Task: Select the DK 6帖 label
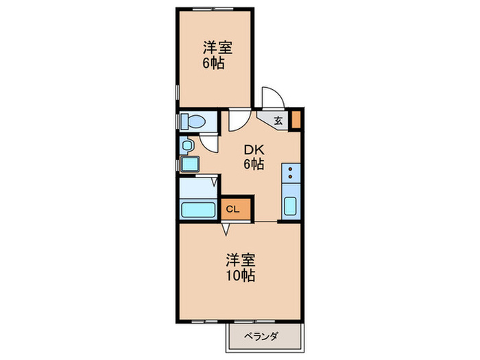click(x=252, y=157)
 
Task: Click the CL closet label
click(x=233, y=210)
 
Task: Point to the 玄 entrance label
click(x=278, y=121)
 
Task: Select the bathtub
click(x=195, y=209)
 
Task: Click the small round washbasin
click(x=186, y=145)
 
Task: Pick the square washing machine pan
click(x=189, y=165)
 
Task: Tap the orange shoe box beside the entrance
click(x=296, y=119)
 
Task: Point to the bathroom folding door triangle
click(x=215, y=182)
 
